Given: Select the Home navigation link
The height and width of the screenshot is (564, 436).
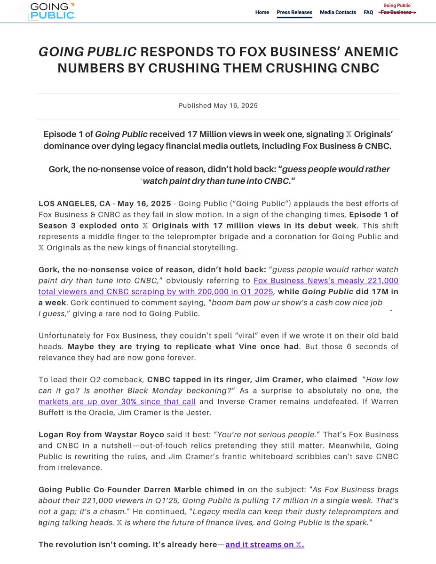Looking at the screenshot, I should point(262,12).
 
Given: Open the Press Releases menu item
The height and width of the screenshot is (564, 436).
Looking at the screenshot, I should point(294,12).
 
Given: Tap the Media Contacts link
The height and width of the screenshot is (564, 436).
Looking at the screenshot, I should point(338,12).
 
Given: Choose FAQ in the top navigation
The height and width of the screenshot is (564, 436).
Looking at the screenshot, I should point(368,12).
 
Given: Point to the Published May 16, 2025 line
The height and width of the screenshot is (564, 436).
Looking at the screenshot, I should point(218,106).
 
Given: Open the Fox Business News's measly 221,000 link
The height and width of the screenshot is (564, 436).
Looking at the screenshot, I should point(326,281).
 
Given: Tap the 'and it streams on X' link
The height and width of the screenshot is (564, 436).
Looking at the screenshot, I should point(265,545).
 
